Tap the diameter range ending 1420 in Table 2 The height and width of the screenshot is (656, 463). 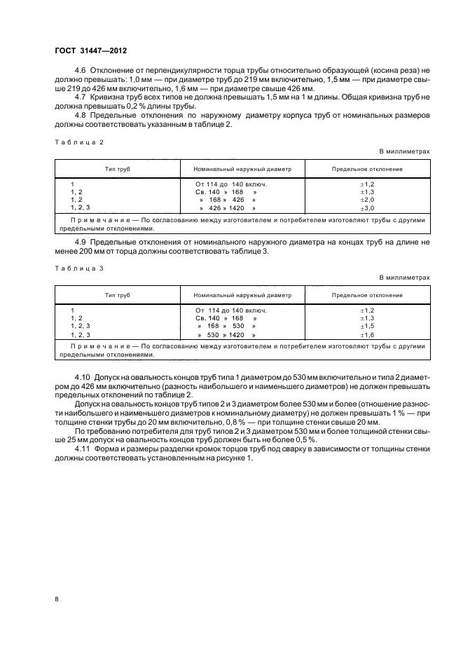tap(228, 209)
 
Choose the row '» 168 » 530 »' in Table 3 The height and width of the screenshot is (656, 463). tap(226, 327)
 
